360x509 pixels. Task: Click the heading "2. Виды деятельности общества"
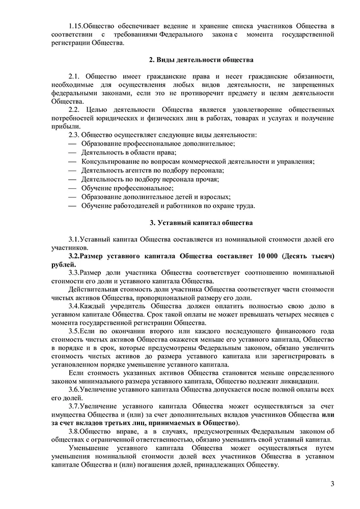click(201, 60)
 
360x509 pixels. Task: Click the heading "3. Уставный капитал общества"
click(201, 222)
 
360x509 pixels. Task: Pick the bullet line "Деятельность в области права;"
click(129, 153)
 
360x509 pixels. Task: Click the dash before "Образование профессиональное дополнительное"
click(71, 144)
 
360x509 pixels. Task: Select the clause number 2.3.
click(74, 135)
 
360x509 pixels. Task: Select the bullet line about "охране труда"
click(168, 206)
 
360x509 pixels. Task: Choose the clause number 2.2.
click(74, 109)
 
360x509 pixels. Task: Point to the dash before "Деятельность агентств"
click(71, 171)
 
